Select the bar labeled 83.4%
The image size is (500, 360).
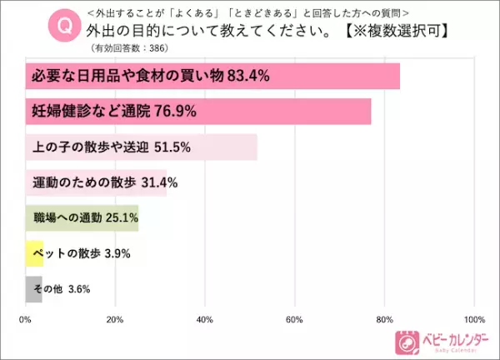pos(212,77)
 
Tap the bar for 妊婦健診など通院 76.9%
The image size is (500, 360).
pos(198,112)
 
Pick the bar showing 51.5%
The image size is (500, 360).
pos(142,147)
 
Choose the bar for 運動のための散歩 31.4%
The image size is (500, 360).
pos(96,182)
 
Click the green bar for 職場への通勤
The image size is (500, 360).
pos(82,218)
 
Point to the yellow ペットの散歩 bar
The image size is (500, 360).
pos(34,253)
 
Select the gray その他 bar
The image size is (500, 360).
pos(33,289)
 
